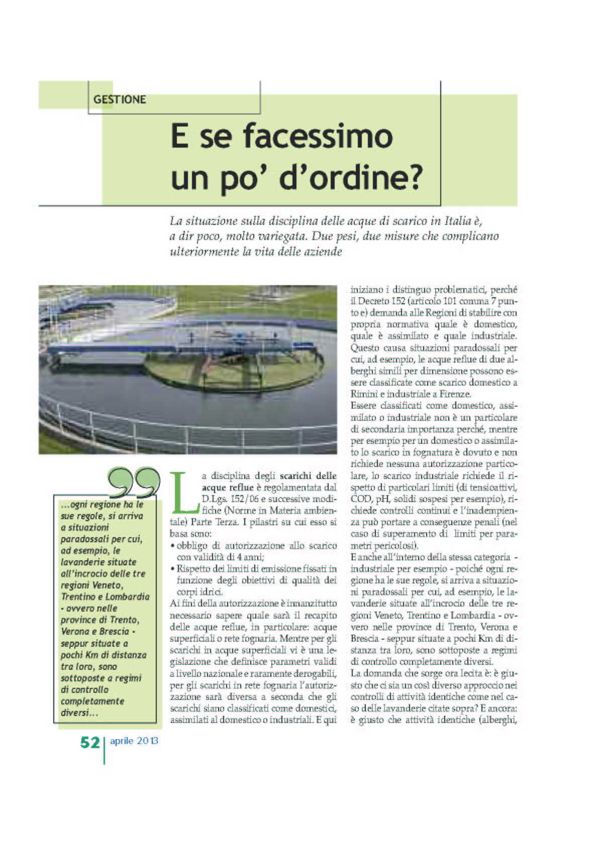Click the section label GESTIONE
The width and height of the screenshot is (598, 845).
[120, 99]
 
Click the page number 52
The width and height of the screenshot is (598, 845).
[90, 742]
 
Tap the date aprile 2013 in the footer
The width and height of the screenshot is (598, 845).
[134, 741]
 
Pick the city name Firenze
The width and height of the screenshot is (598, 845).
[455, 394]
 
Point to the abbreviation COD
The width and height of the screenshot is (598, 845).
[361, 499]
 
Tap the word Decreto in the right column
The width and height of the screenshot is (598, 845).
[375, 301]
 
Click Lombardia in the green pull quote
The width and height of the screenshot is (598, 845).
[127, 597]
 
